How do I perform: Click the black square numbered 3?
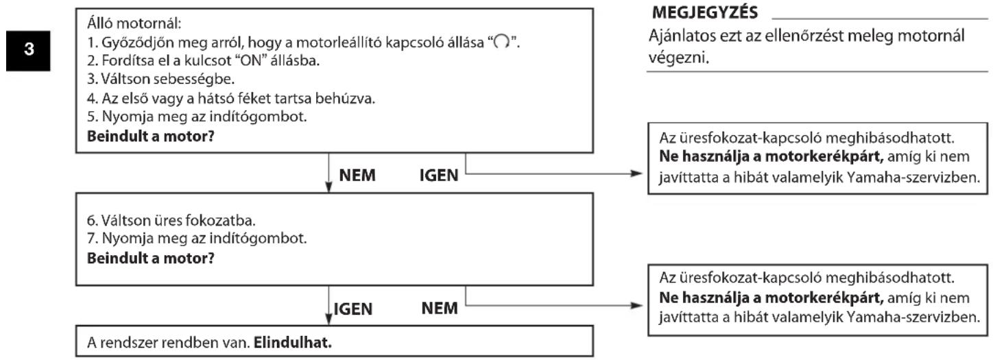[x=28, y=51]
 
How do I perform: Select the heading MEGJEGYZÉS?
[x=705, y=12]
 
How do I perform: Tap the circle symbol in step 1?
[x=501, y=43]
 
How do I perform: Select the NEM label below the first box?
[x=357, y=176]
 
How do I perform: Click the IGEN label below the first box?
[x=439, y=176]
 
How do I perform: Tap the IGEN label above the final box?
[x=353, y=309]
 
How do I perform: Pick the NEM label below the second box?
[x=440, y=308]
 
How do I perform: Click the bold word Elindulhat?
[x=293, y=343]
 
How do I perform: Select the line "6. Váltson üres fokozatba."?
[x=171, y=220]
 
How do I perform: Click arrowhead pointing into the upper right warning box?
[x=636, y=173]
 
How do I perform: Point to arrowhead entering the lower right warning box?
[x=636, y=305]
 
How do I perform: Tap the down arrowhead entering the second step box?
[x=328, y=187]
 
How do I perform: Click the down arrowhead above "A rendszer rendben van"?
[x=328, y=320]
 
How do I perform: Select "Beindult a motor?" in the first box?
[x=151, y=136]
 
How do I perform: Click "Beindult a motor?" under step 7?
[x=151, y=259]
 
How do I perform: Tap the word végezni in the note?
[x=679, y=58]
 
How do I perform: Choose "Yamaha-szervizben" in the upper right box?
[x=913, y=178]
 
